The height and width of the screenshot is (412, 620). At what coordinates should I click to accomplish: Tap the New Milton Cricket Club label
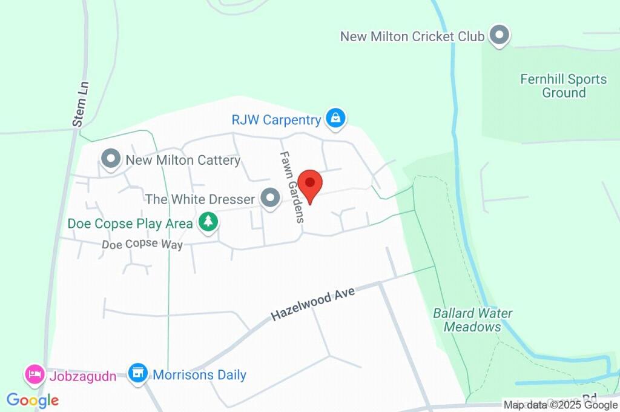click(412, 36)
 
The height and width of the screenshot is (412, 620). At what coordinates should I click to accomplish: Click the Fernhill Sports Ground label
click(563, 86)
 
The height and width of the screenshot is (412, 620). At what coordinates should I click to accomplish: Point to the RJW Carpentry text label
click(275, 119)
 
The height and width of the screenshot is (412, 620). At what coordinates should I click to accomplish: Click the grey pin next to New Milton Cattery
click(110, 159)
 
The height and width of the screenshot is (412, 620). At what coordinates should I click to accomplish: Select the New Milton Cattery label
click(183, 161)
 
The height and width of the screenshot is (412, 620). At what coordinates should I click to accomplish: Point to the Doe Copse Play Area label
click(130, 224)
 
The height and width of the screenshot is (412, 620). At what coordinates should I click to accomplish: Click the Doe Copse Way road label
click(142, 244)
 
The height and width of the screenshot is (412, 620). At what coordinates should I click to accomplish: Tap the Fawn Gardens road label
click(291, 187)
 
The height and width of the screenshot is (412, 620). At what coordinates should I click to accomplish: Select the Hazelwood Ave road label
click(312, 304)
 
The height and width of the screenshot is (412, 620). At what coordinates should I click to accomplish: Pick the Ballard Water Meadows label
click(472, 320)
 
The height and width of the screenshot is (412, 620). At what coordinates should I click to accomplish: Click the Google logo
click(33, 400)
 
